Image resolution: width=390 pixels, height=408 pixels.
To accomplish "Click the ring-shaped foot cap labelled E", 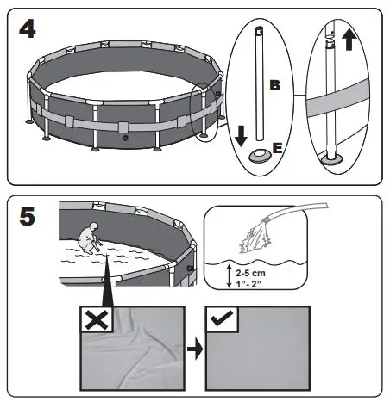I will pos(259,157).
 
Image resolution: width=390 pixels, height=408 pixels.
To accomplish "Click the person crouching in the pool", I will pos(88,237).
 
